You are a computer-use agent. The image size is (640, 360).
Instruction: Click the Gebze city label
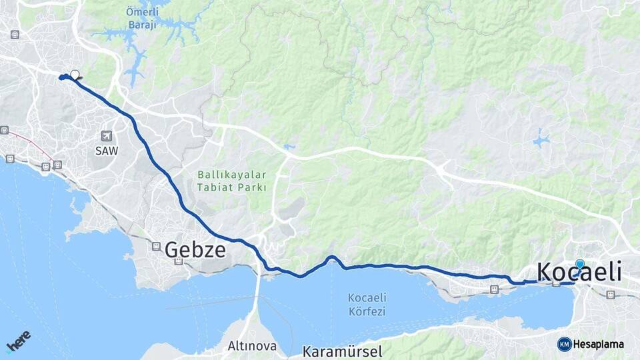(x=195, y=249)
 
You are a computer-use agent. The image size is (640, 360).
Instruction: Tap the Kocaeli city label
(x=579, y=272)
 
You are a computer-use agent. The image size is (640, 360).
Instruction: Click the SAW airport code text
(x=106, y=151)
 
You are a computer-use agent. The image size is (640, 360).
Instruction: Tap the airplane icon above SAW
(x=107, y=135)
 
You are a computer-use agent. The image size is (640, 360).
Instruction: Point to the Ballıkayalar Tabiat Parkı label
(x=231, y=181)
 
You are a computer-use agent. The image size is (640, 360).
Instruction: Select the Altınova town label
(x=252, y=346)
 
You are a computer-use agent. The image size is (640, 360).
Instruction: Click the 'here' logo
(x=18, y=341)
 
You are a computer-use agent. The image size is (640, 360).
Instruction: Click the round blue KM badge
(x=564, y=344)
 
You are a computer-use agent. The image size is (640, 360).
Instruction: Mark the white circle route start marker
(x=75, y=75)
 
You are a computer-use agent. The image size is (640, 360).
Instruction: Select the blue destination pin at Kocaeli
(x=579, y=265)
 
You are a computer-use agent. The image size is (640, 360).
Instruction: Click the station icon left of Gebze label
(x=156, y=246)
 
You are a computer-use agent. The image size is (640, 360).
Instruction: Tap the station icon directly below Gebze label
(x=178, y=261)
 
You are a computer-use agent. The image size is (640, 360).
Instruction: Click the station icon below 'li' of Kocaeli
(x=611, y=295)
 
